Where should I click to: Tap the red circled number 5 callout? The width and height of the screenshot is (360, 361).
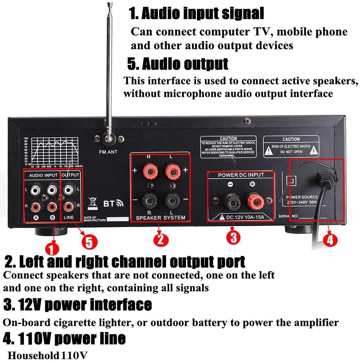point(89,242)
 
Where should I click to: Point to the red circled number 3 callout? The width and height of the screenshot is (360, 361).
point(234,237)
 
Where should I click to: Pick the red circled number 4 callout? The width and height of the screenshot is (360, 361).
point(330,240)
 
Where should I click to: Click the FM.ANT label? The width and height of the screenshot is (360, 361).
point(108,152)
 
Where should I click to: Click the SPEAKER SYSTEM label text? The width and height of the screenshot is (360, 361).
point(161,218)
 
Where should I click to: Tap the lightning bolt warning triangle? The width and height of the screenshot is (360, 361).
point(314,151)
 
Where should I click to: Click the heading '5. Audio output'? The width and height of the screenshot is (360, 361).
point(178,64)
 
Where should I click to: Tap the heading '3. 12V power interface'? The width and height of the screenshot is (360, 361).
point(78,305)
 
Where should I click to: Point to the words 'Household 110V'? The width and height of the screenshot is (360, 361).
point(47,355)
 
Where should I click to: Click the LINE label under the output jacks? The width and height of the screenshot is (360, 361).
point(69,217)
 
